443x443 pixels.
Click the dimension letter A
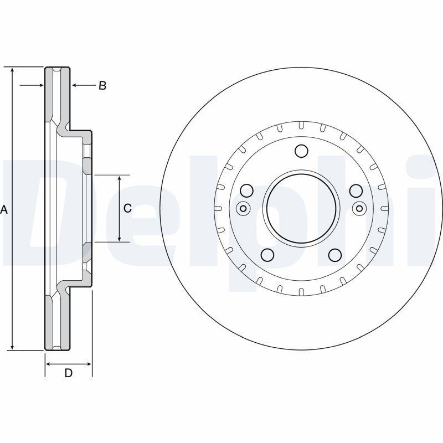(x=4, y=210)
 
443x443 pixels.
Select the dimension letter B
(x=102, y=85)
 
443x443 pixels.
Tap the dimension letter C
(x=127, y=208)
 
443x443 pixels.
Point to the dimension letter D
(x=68, y=373)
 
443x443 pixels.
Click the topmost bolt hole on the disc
(x=301, y=151)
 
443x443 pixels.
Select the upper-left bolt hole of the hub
(x=247, y=191)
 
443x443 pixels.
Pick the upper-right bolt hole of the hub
(x=356, y=191)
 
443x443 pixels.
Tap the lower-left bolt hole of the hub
(x=267, y=255)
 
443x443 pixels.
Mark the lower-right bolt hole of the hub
(x=335, y=255)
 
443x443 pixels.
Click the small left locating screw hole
(x=243, y=209)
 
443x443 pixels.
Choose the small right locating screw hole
(x=359, y=209)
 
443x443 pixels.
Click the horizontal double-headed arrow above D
(x=68, y=364)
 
